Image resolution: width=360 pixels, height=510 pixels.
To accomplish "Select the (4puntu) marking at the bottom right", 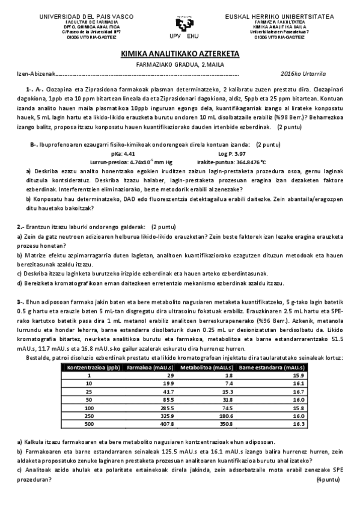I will pos(328,479).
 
